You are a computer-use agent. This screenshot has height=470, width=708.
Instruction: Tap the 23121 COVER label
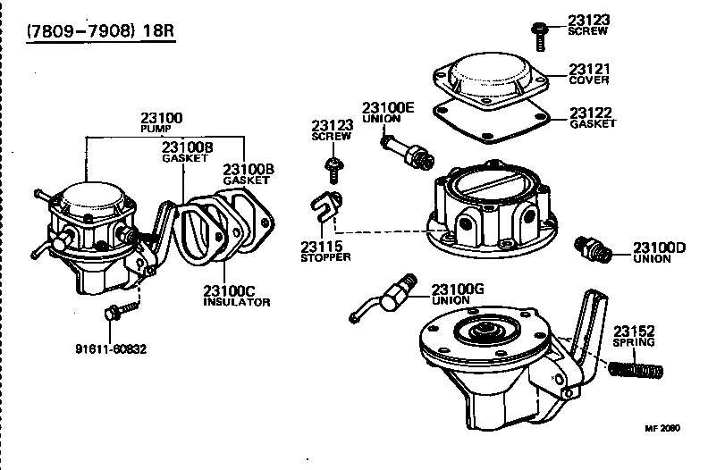(589, 72)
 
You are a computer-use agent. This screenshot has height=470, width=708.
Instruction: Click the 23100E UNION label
(388, 113)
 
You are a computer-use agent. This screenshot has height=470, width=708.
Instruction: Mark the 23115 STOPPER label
(325, 252)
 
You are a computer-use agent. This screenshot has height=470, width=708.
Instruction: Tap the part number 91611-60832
(112, 348)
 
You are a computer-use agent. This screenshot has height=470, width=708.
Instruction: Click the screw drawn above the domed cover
(540, 33)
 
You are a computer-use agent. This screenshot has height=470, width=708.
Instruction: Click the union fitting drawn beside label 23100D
(593, 248)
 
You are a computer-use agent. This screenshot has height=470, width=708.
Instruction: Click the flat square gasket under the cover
(488, 126)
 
